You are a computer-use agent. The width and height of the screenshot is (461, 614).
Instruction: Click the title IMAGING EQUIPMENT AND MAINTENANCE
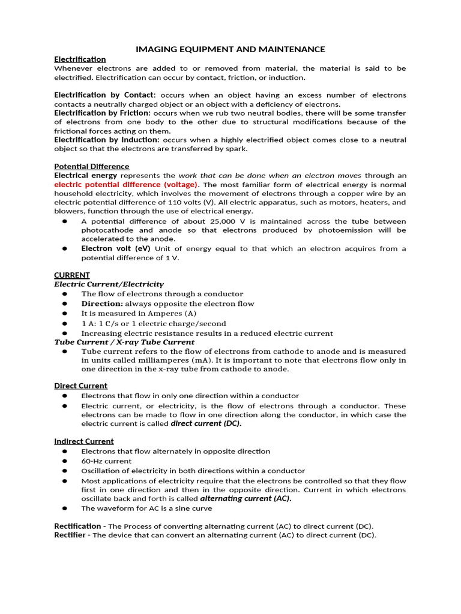[230, 49]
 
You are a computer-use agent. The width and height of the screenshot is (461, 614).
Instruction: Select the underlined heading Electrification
[80, 59]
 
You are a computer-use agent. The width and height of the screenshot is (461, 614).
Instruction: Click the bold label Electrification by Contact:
[105, 95]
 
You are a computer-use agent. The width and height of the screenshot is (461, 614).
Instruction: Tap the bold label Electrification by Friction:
[103, 113]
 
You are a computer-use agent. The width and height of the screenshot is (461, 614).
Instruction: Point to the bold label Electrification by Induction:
[107, 140]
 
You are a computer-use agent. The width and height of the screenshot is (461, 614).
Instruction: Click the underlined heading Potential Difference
[91, 166]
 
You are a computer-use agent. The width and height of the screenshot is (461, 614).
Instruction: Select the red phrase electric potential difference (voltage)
[126, 185]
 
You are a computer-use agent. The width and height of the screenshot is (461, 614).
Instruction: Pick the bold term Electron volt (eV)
[116, 248]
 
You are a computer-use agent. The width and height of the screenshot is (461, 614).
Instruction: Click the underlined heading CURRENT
[72, 275]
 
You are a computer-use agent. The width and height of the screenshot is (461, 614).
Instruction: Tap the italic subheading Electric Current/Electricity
[109, 284]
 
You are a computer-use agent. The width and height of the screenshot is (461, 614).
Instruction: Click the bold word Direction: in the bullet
[102, 303]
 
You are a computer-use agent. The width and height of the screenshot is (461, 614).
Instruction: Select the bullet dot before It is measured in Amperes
[65, 314]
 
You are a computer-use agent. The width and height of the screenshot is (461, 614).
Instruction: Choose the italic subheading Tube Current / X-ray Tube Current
[124, 342]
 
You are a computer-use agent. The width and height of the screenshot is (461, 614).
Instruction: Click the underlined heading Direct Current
[81, 386]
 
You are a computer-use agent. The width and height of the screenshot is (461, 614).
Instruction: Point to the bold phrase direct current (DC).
[206, 423]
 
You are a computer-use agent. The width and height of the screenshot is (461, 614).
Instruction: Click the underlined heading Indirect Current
[84, 441]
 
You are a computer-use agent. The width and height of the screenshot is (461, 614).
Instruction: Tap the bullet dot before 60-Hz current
[65, 461]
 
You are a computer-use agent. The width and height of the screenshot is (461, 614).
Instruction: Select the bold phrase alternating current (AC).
[246, 498]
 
